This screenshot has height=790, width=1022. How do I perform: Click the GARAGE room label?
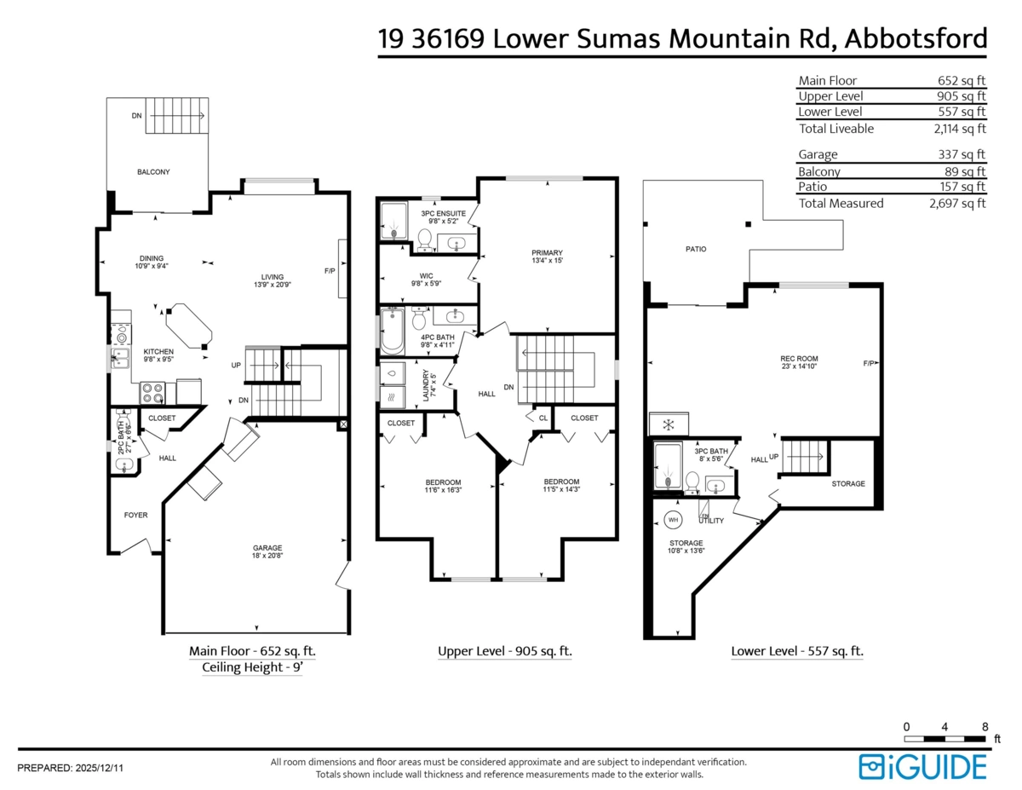coord(267,548)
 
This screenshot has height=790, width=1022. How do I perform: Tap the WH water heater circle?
coord(673,520)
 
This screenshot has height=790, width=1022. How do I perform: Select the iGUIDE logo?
coord(922,767)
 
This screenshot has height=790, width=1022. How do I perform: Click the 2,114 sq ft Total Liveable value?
coord(960,129)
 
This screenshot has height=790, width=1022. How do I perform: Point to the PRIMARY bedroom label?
coord(547,252)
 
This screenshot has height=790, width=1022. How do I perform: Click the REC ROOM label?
coord(799,359)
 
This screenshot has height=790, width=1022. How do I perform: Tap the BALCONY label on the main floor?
coord(153,172)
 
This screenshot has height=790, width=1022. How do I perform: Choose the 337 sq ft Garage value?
coord(961,154)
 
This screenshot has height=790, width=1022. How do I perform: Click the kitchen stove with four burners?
coord(152,393)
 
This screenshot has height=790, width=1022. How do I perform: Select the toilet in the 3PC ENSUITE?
coord(425,240)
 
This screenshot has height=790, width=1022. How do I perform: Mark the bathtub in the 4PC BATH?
coord(393,331)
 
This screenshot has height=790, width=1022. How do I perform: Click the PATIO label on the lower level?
coord(696,250)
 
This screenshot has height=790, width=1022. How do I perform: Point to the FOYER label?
coord(136,516)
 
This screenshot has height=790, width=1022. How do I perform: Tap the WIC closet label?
coord(426,276)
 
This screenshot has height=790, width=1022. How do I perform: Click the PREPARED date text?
coord(70,769)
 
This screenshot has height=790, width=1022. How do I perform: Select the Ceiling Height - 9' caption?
coord(252,667)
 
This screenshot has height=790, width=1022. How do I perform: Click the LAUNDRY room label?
coord(426,385)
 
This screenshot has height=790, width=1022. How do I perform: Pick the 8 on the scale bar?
coord(985,727)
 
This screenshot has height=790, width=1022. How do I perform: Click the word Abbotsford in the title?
coord(916,38)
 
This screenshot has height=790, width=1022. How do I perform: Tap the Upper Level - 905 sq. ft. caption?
coord(505,651)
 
